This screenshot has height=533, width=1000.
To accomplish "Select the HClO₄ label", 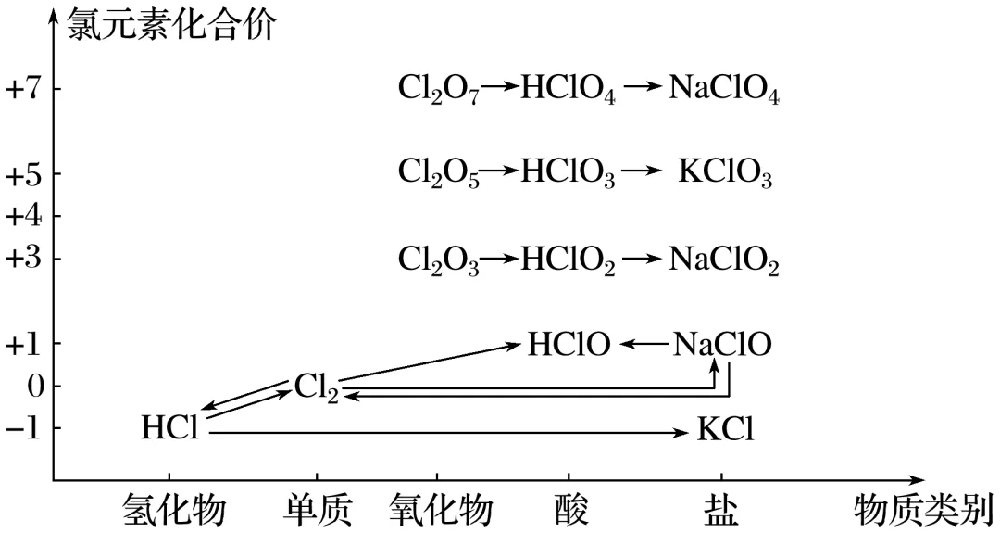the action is click(x=569, y=89).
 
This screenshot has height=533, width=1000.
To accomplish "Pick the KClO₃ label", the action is click(x=725, y=173).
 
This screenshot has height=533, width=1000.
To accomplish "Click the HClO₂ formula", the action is click(x=569, y=260).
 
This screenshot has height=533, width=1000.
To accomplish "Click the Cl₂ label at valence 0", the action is click(x=317, y=386).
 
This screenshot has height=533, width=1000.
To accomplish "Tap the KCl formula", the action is click(x=726, y=430).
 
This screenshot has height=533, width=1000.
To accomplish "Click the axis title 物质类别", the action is click(x=923, y=510).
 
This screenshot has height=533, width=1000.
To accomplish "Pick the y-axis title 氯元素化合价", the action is click(x=171, y=25).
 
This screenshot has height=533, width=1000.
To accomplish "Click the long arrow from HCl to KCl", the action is click(x=444, y=431).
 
